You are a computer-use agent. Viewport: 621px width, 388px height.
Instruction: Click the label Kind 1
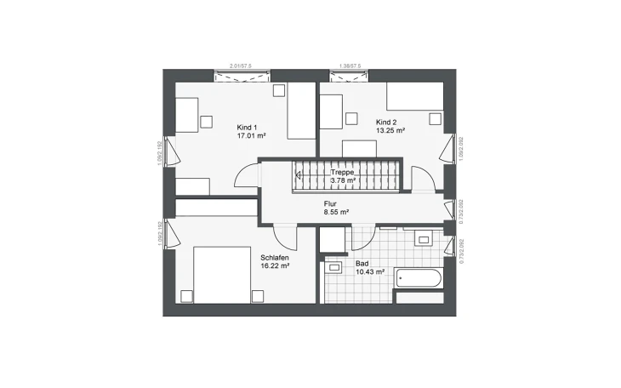click(248, 127)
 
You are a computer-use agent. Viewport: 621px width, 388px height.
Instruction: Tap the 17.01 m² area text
click(251, 134)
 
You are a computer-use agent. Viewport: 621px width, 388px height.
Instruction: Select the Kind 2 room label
click(386, 123)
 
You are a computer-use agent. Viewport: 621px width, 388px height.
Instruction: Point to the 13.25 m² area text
click(390, 131)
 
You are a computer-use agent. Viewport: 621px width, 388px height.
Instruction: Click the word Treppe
click(343, 172)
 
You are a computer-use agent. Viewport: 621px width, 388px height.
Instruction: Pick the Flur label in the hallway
click(330, 204)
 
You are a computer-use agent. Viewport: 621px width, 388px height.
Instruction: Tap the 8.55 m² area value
click(336, 212)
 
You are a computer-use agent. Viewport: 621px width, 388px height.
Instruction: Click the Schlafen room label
click(275, 257)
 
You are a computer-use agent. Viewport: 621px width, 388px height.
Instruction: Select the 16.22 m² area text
click(276, 265)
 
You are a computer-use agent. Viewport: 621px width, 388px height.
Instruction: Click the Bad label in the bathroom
click(362, 264)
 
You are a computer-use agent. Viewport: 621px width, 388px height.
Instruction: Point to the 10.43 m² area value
click(370, 272)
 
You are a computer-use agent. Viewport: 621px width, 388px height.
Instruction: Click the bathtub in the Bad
click(418, 278)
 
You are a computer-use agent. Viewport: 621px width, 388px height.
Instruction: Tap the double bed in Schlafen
click(219, 274)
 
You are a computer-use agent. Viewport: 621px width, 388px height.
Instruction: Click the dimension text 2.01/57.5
click(241, 65)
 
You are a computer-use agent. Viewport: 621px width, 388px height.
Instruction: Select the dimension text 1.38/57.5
click(350, 65)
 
